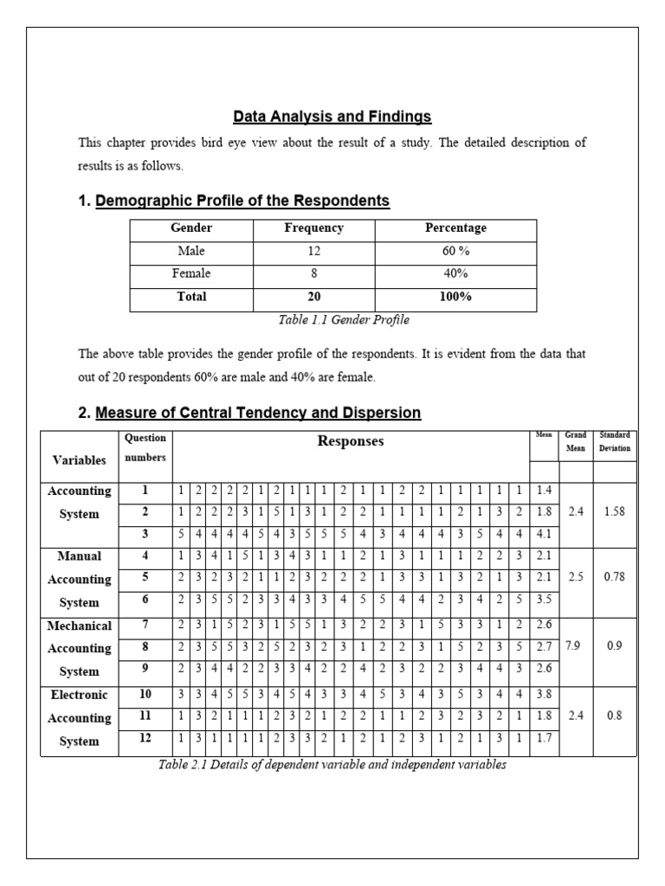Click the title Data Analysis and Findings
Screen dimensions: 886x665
[x=332, y=116]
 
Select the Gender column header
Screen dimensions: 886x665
[x=191, y=228]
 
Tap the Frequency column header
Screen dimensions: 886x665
[x=313, y=228]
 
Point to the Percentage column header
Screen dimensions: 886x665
[x=455, y=228]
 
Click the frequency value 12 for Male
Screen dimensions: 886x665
[x=313, y=251]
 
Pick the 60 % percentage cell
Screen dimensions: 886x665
[x=455, y=251]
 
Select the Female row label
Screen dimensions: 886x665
[x=191, y=273]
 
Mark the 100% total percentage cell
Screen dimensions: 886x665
[x=455, y=297]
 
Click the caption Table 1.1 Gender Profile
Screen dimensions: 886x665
[x=332, y=320]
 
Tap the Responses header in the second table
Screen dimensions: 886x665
[x=350, y=441]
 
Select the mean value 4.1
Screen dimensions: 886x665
[x=544, y=534]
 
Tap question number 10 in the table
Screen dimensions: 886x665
[x=145, y=694]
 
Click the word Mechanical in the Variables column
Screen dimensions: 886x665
[x=80, y=625]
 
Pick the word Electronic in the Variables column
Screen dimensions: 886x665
[x=80, y=694]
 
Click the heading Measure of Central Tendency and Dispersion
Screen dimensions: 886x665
[x=258, y=413]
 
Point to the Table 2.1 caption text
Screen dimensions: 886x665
[x=332, y=765]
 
